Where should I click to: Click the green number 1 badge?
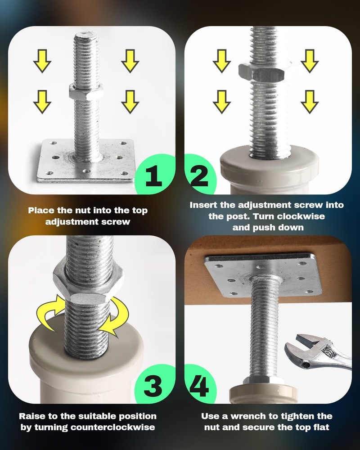coord(155,174)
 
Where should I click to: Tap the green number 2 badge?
coord(200,173)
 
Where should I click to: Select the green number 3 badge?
coord(155,384)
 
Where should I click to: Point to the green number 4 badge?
coord(200,383)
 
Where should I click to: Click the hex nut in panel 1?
coord(86,92)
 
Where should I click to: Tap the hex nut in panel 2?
coord(261,72)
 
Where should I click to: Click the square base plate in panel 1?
coord(86,161)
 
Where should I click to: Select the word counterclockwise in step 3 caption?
coord(112,427)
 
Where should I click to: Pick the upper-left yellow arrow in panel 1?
coord(42,61)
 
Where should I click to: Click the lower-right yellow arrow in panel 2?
coord(310,102)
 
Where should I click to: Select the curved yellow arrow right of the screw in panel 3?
coord(114,317)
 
